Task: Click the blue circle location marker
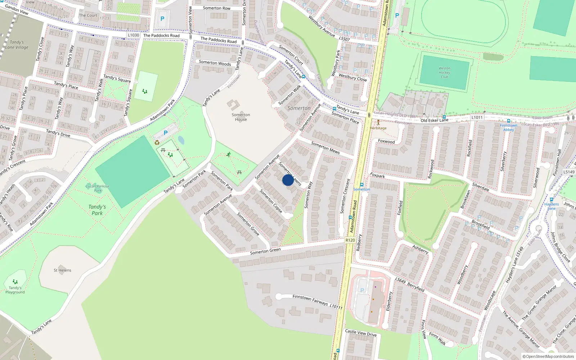pyautogui.click(x=288, y=180)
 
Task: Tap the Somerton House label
pyautogui.click(x=241, y=117)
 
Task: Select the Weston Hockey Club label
pyautogui.click(x=444, y=72)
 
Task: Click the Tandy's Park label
pyautogui.click(x=97, y=210)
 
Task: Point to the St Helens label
pyautogui.click(x=62, y=270)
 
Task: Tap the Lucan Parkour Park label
pyautogui.click(x=98, y=188)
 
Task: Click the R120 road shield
pyautogui.click(x=350, y=240)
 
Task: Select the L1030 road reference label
pyautogui.click(x=133, y=35)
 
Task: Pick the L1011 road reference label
pyautogui.click(x=477, y=117)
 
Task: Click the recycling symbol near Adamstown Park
pyautogui.click(x=157, y=143)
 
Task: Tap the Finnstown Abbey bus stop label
pyautogui.click(x=508, y=127)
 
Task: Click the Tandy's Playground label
pyautogui.click(x=15, y=290)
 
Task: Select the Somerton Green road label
pyautogui.click(x=265, y=251)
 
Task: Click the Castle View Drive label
pyautogui.click(x=361, y=333)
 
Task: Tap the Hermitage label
pyautogui.click(x=378, y=128)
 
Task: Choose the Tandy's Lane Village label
pyautogui.click(x=17, y=45)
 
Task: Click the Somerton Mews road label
pyautogui.click(x=325, y=148)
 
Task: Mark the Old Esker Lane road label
pyautogui.click(x=435, y=120)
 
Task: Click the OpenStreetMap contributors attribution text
pyautogui.click(x=548, y=356)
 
